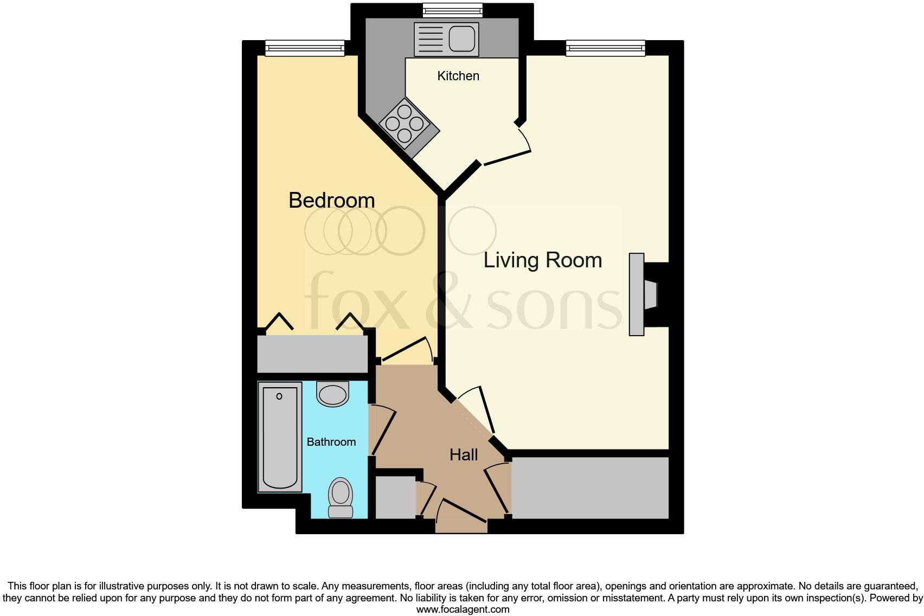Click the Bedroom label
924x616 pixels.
click(331, 201)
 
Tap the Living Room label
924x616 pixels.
click(542, 260)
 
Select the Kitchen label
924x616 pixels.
click(458, 76)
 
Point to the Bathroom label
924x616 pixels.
click(331, 442)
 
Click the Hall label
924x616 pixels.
click(464, 455)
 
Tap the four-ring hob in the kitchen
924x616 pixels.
click(405, 124)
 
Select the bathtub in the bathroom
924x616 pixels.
click(280, 437)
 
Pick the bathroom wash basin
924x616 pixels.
click(332, 394)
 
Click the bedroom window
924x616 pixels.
click(305, 48)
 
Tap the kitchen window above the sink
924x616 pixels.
click(452, 10)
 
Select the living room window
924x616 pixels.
click(606, 48)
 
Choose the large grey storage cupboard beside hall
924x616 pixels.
click(590, 487)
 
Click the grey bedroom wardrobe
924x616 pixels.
click(312, 354)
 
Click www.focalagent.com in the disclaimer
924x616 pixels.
click(463, 609)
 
